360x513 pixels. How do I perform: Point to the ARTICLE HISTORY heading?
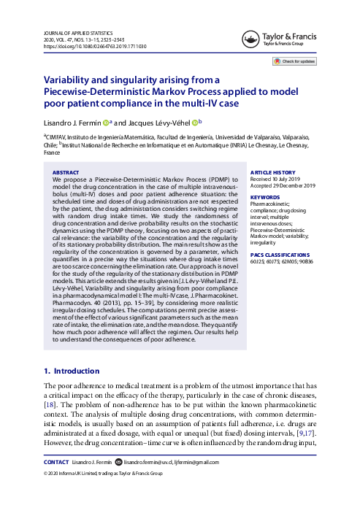click(x=274, y=172)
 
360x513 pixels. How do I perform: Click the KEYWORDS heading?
click(x=264, y=197)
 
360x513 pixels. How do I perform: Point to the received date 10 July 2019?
click(x=284, y=180)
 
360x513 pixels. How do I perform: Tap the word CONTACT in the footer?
click(x=57, y=482)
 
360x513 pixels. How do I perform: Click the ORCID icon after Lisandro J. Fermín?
click(x=107, y=121)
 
